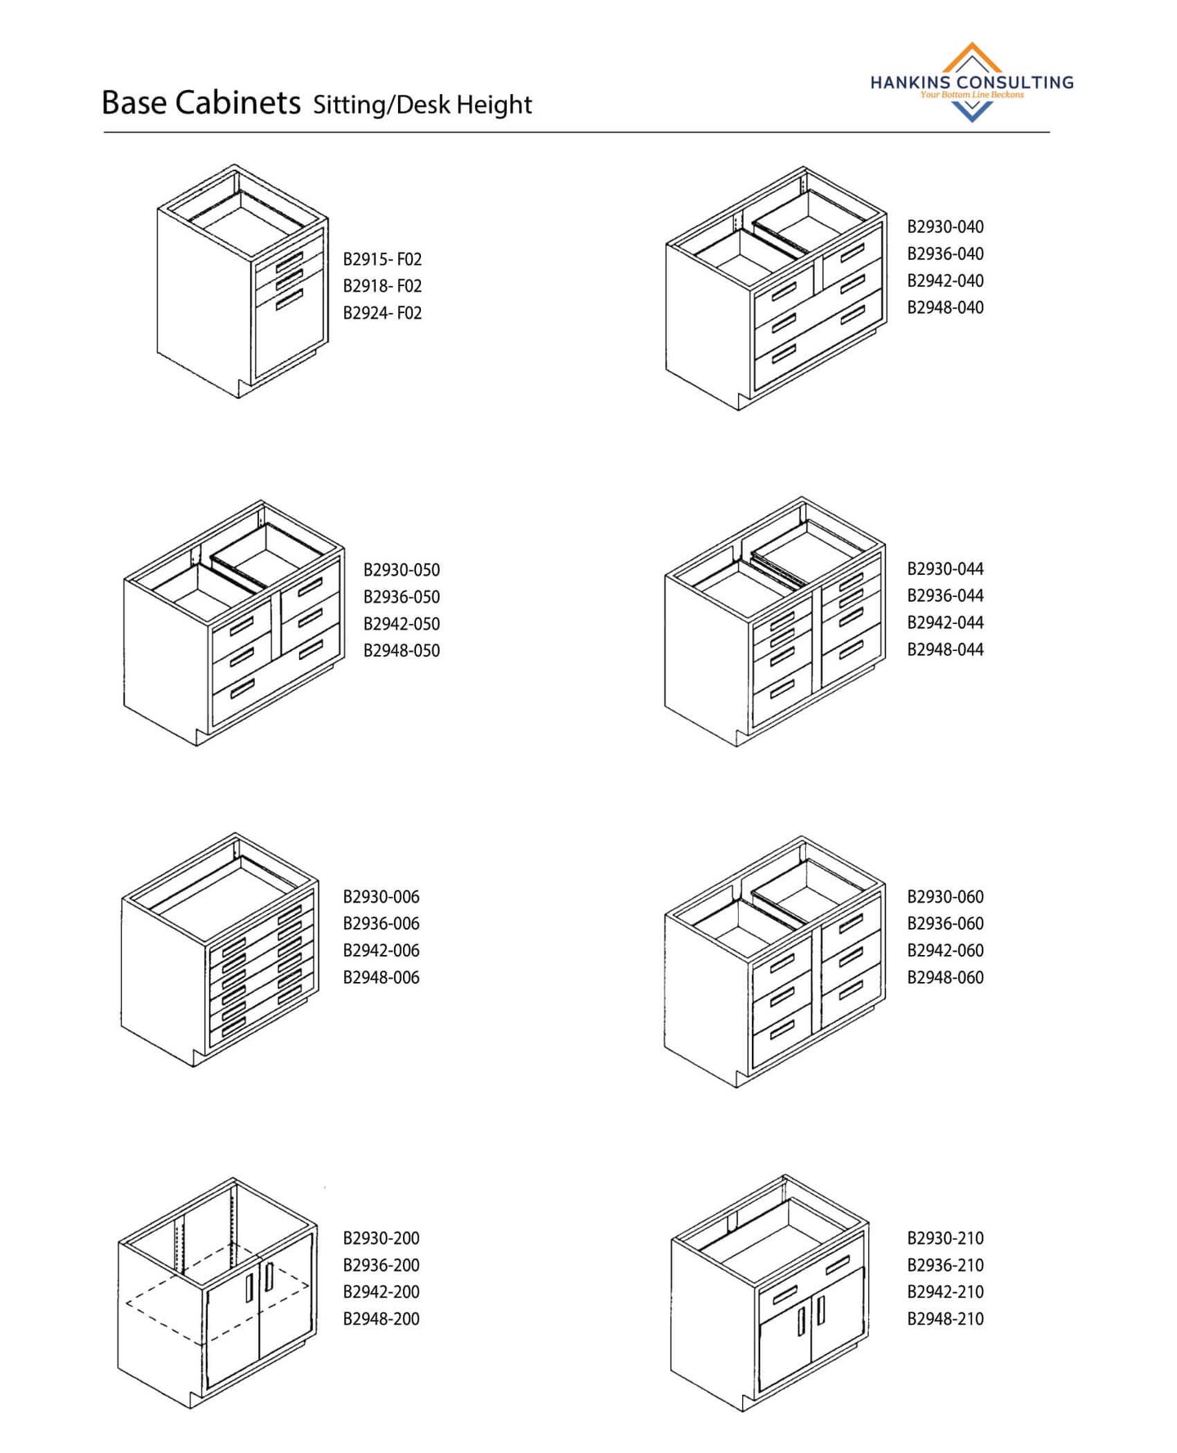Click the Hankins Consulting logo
coord(971,83)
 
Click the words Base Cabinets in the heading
coord(201,103)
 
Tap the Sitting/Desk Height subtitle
coord(423,105)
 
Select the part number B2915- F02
coord(383,259)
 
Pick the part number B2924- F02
coord(383,313)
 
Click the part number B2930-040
coord(946,226)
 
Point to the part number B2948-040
coord(946,307)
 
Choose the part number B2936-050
coord(402,597)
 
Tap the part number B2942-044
coord(946,622)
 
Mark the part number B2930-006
coord(382,897)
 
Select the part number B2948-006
coord(382,978)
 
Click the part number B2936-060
coord(946,924)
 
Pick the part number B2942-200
coord(382,1292)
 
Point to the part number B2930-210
coord(946,1238)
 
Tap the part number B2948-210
coord(946,1319)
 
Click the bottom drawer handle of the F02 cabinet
coord(289,300)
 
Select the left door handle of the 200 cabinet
coord(249,1288)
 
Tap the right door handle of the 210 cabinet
coord(820,1310)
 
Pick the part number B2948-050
coord(402,651)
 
